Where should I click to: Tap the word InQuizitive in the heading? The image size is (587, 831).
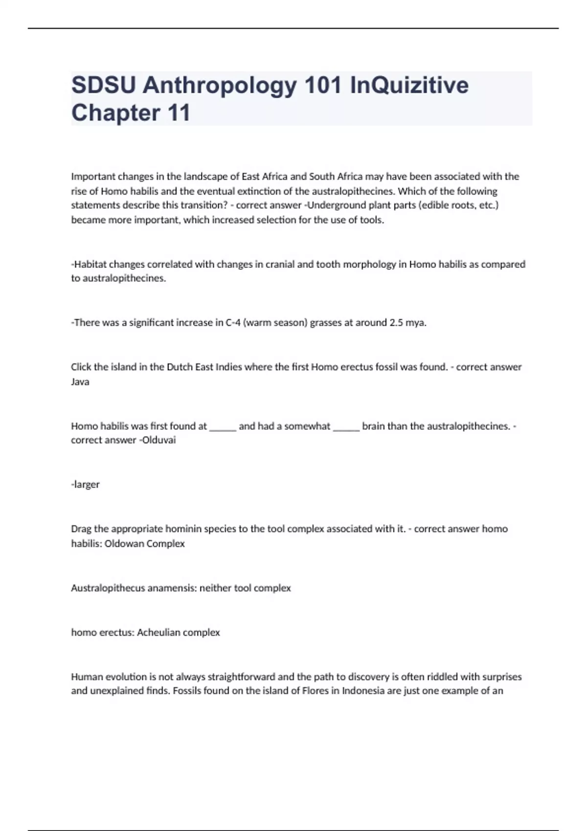click(x=409, y=86)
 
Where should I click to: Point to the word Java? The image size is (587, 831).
click(x=80, y=382)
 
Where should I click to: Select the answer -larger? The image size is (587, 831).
click(x=85, y=484)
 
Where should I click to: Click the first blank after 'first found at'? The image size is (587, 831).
click(x=223, y=426)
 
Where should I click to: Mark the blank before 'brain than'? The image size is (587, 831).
click(x=346, y=426)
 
